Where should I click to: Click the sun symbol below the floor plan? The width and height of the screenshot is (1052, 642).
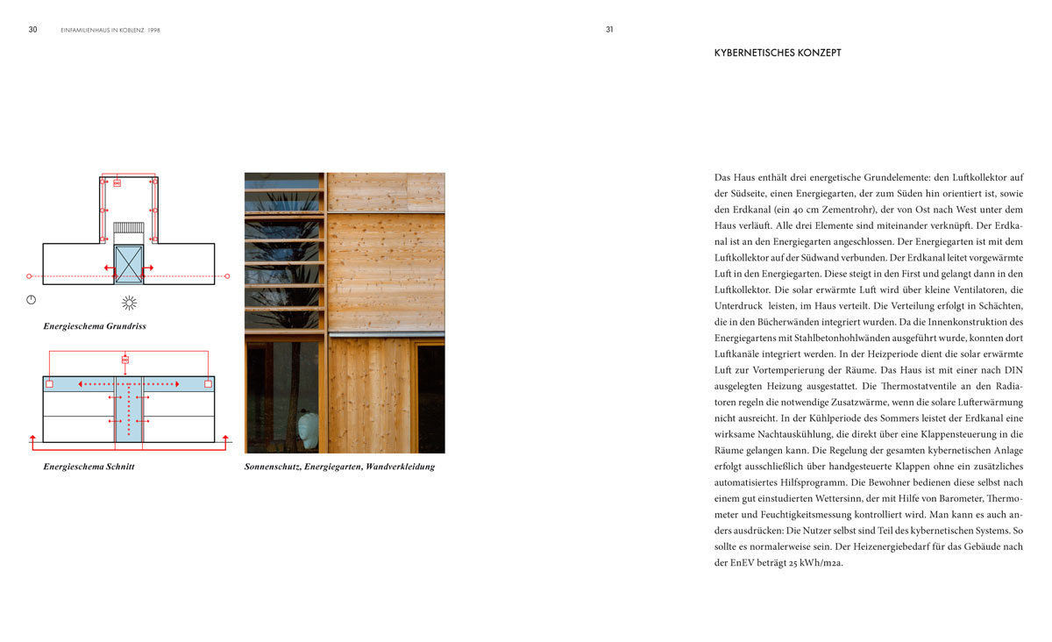click(x=129, y=303)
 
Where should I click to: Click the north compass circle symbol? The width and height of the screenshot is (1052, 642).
click(x=31, y=300)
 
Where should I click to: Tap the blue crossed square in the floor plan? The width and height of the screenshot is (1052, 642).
click(x=129, y=263)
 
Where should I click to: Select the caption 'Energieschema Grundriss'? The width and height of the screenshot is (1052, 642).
click(x=95, y=326)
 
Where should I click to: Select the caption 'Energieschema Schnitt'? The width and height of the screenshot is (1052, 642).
click(x=89, y=467)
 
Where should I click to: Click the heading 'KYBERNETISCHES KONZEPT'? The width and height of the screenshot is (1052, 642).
click(x=778, y=53)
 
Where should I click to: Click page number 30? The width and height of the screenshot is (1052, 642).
click(x=32, y=29)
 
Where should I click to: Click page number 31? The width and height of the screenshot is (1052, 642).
click(x=609, y=29)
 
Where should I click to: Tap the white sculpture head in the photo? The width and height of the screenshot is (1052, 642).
click(x=307, y=430)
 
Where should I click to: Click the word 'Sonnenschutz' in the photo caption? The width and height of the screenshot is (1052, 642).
click(x=272, y=467)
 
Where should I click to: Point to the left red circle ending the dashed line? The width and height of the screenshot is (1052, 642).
click(x=30, y=276)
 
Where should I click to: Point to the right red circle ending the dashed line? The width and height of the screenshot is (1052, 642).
click(x=227, y=276)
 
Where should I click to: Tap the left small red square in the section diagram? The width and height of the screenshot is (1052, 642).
click(x=50, y=384)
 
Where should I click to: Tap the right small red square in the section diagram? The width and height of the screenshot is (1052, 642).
click(x=208, y=384)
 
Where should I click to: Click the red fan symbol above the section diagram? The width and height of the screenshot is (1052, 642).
click(x=125, y=360)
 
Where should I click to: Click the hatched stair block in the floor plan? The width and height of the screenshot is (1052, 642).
click(x=129, y=228)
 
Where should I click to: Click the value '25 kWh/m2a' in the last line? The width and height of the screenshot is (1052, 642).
click(x=817, y=562)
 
